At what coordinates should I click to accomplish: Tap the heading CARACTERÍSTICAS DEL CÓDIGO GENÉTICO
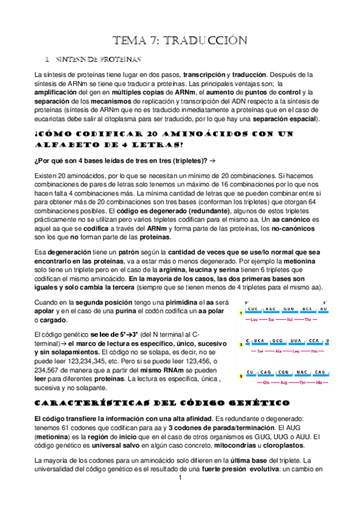[x=162, y=402]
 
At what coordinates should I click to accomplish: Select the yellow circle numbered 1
[x=240, y=313]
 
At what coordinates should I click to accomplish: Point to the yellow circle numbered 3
[x=240, y=376]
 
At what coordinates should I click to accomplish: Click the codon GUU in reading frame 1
[x=288, y=310]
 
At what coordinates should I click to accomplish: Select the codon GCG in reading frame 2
[x=277, y=340]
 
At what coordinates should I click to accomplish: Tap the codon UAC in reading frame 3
[x=301, y=372]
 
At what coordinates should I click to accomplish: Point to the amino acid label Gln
[x=266, y=382]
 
